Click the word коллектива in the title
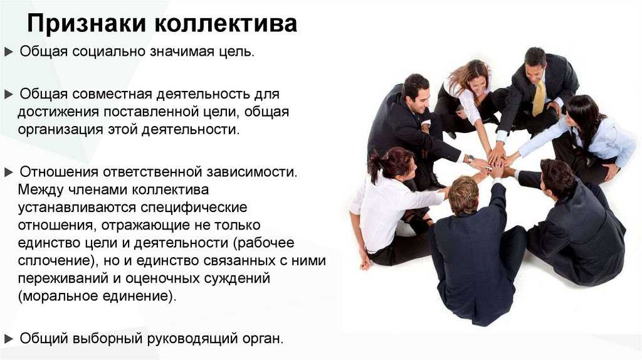[x=226, y=24]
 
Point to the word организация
[x=60, y=129]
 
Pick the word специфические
[x=194, y=207]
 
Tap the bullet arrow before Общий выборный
[x=9, y=339]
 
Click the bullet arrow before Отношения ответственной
[x=9, y=172]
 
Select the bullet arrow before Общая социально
[x=9, y=53]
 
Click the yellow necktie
[x=539, y=98]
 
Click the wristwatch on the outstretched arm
[x=470, y=158]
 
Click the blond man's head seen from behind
[x=463, y=195]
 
